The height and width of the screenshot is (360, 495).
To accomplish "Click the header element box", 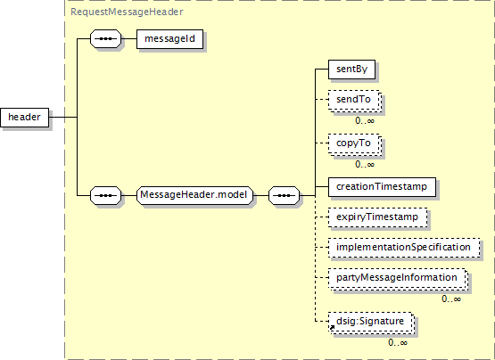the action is click(25, 118).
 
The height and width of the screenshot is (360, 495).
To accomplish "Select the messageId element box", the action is click(169, 39).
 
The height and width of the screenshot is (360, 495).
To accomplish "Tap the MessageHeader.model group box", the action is click(194, 195).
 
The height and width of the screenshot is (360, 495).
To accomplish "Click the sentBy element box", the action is click(351, 70).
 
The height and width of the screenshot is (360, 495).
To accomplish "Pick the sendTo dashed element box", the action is click(354, 101).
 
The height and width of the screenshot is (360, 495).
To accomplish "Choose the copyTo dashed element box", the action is click(354, 144).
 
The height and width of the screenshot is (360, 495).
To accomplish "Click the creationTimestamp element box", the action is click(382, 187).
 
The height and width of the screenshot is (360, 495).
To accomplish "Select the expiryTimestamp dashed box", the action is click(377, 217).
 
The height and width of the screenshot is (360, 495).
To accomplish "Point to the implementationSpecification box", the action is click(404, 248).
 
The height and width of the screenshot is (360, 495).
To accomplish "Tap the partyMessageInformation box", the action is click(398, 279).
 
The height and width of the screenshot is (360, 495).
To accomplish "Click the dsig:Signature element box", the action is click(371, 323).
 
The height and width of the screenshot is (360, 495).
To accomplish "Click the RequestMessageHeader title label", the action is click(127, 12).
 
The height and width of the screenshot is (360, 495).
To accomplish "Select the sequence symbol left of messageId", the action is click(106, 39).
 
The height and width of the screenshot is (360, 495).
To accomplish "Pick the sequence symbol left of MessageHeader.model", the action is click(106, 196).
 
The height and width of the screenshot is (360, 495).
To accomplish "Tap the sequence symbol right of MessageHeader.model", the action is click(285, 196).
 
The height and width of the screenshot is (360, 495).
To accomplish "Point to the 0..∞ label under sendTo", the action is click(365, 121).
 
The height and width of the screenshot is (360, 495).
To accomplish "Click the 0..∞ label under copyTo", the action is click(365, 164).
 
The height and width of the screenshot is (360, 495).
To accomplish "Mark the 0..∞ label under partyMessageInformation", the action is click(451, 299).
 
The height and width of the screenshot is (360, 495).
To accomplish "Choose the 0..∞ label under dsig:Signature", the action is click(398, 343).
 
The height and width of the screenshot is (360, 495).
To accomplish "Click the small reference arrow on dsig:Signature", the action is click(332, 328).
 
